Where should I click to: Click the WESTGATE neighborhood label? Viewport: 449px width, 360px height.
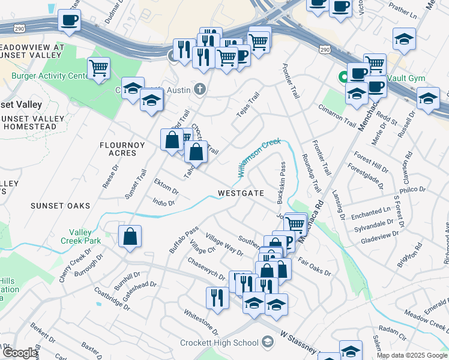(241, 193)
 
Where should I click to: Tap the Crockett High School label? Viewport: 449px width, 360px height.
(219, 343)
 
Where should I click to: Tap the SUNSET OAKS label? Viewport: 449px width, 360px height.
(60, 206)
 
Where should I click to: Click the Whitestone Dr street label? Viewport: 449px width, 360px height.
(202, 322)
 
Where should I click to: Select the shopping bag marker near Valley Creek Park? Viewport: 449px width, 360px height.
(130, 237)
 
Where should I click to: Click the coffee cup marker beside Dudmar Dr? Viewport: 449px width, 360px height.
(69, 20)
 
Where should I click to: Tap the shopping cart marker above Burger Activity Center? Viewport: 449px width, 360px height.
(99, 68)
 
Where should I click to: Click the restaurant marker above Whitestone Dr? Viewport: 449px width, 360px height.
(217, 298)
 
